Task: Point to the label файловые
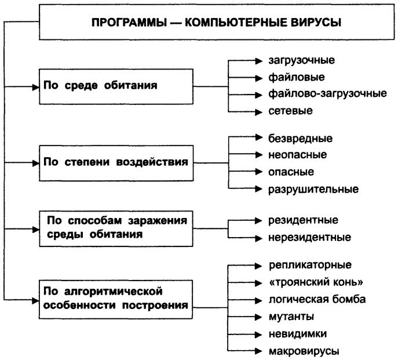tap(292, 77)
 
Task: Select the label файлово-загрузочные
tap(327, 93)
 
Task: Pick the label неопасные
tap(297, 155)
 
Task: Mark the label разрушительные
tap(313, 189)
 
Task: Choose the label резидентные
tap(303, 220)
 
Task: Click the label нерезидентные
tap(309, 237)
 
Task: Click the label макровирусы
tap(303, 351)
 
